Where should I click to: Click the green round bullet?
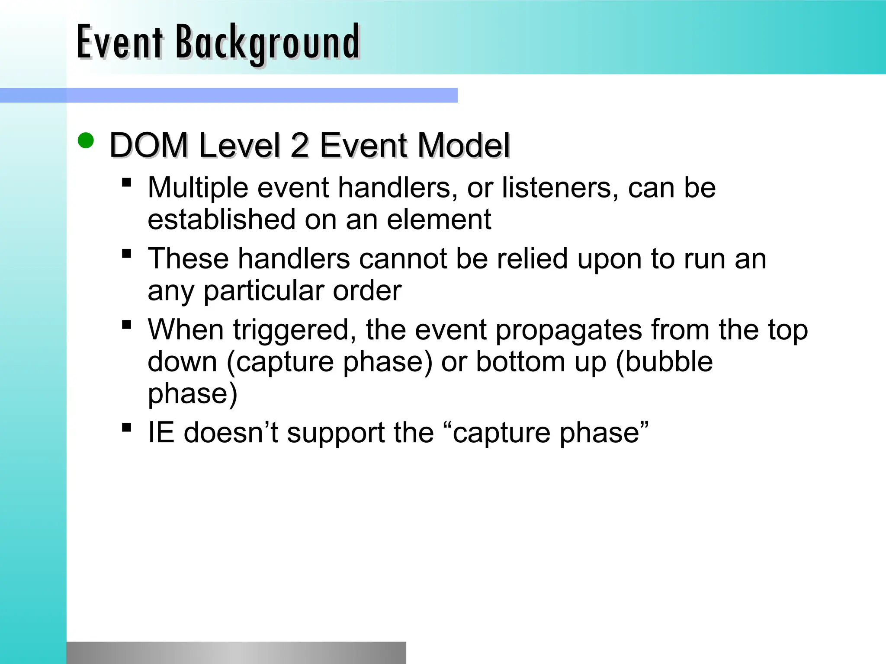[86, 140]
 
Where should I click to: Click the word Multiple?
[198, 188]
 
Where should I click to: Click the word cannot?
[403, 259]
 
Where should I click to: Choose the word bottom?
[520, 362]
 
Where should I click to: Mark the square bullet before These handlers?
[127, 253]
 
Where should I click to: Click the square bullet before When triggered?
[127, 324]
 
